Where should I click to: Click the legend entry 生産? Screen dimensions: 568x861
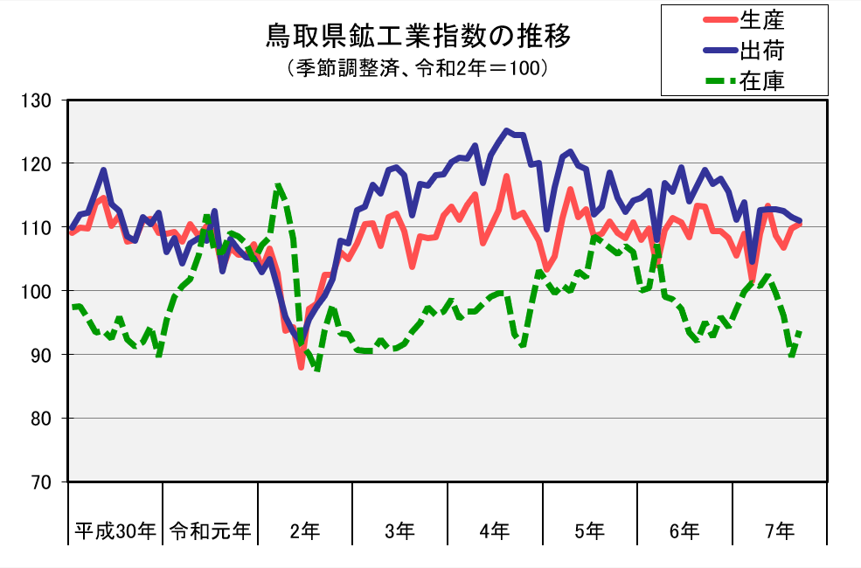click(761, 18)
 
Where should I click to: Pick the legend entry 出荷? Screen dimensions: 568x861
click(761, 50)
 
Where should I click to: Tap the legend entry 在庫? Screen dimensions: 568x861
click(761, 81)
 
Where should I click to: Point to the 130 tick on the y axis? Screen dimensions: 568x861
click(40, 100)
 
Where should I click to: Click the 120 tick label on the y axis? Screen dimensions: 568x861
click(40, 164)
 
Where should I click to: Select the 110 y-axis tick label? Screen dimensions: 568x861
click(40, 228)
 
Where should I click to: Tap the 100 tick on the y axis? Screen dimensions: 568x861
click(40, 291)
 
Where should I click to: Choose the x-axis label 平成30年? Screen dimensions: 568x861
click(115, 530)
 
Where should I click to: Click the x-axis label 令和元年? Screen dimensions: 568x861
click(210, 530)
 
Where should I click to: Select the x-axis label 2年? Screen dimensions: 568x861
click(305, 530)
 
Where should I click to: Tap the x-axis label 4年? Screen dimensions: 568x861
click(495, 530)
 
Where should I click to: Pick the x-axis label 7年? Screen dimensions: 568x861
click(780, 530)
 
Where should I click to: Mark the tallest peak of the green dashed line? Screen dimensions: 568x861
click(278, 184)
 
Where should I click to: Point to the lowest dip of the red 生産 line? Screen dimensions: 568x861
click(301, 368)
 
